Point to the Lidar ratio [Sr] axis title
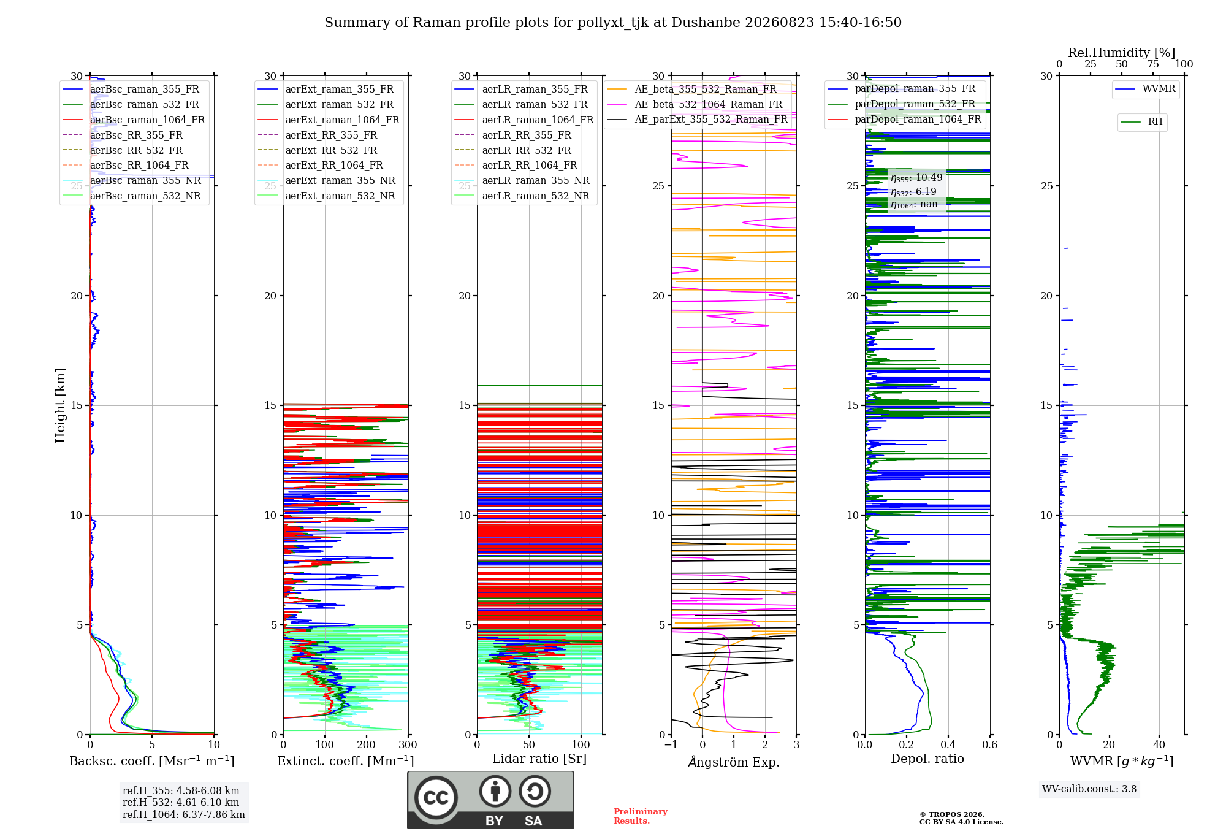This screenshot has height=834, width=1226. (x=539, y=759)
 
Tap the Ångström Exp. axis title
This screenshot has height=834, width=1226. (x=734, y=762)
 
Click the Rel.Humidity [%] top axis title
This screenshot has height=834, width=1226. (x=1122, y=53)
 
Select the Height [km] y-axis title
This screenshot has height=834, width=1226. (x=60, y=405)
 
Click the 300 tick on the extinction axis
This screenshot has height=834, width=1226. (x=408, y=744)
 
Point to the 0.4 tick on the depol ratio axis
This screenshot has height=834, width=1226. (x=948, y=744)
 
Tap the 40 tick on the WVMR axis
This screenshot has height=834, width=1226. (x=1159, y=744)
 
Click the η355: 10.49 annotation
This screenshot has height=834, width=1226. (x=916, y=178)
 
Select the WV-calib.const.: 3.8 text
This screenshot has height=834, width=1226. (x=1089, y=789)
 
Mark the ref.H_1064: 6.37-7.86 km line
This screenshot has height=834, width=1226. (x=184, y=815)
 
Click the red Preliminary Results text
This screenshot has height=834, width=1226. (x=641, y=816)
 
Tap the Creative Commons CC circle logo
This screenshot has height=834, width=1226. (x=436, y=797)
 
